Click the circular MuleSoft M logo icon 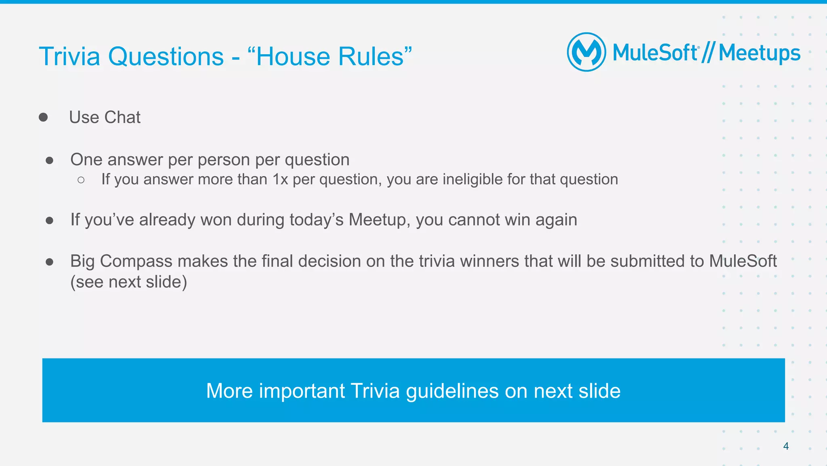[x=586, y=52]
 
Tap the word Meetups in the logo [x=759, y=53]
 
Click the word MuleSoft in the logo [x=655, y=53]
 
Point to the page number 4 [x=786, y=446]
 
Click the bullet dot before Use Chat [x=43, y=117]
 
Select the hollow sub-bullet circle [x=81, y=180]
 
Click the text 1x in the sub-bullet [x=280, y=179]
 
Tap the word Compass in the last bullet [x=136, y=261]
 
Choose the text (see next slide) [x=128, y=282]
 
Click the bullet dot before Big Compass [x=50, y=262]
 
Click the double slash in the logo [x=708, y=53]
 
